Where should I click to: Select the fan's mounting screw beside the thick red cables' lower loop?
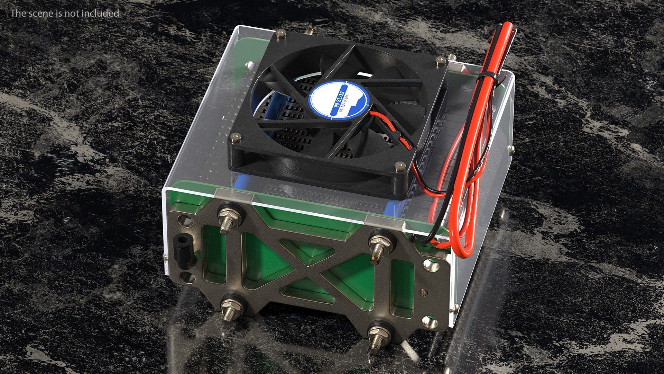(400, 167)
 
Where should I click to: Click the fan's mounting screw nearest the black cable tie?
(440, 61)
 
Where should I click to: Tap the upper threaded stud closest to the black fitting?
(227, 218)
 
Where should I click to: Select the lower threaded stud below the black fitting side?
(231, 310)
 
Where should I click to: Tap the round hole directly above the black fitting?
(185, 221)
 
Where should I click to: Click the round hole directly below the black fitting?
(187, 277)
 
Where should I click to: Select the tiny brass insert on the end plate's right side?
(422, 291)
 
